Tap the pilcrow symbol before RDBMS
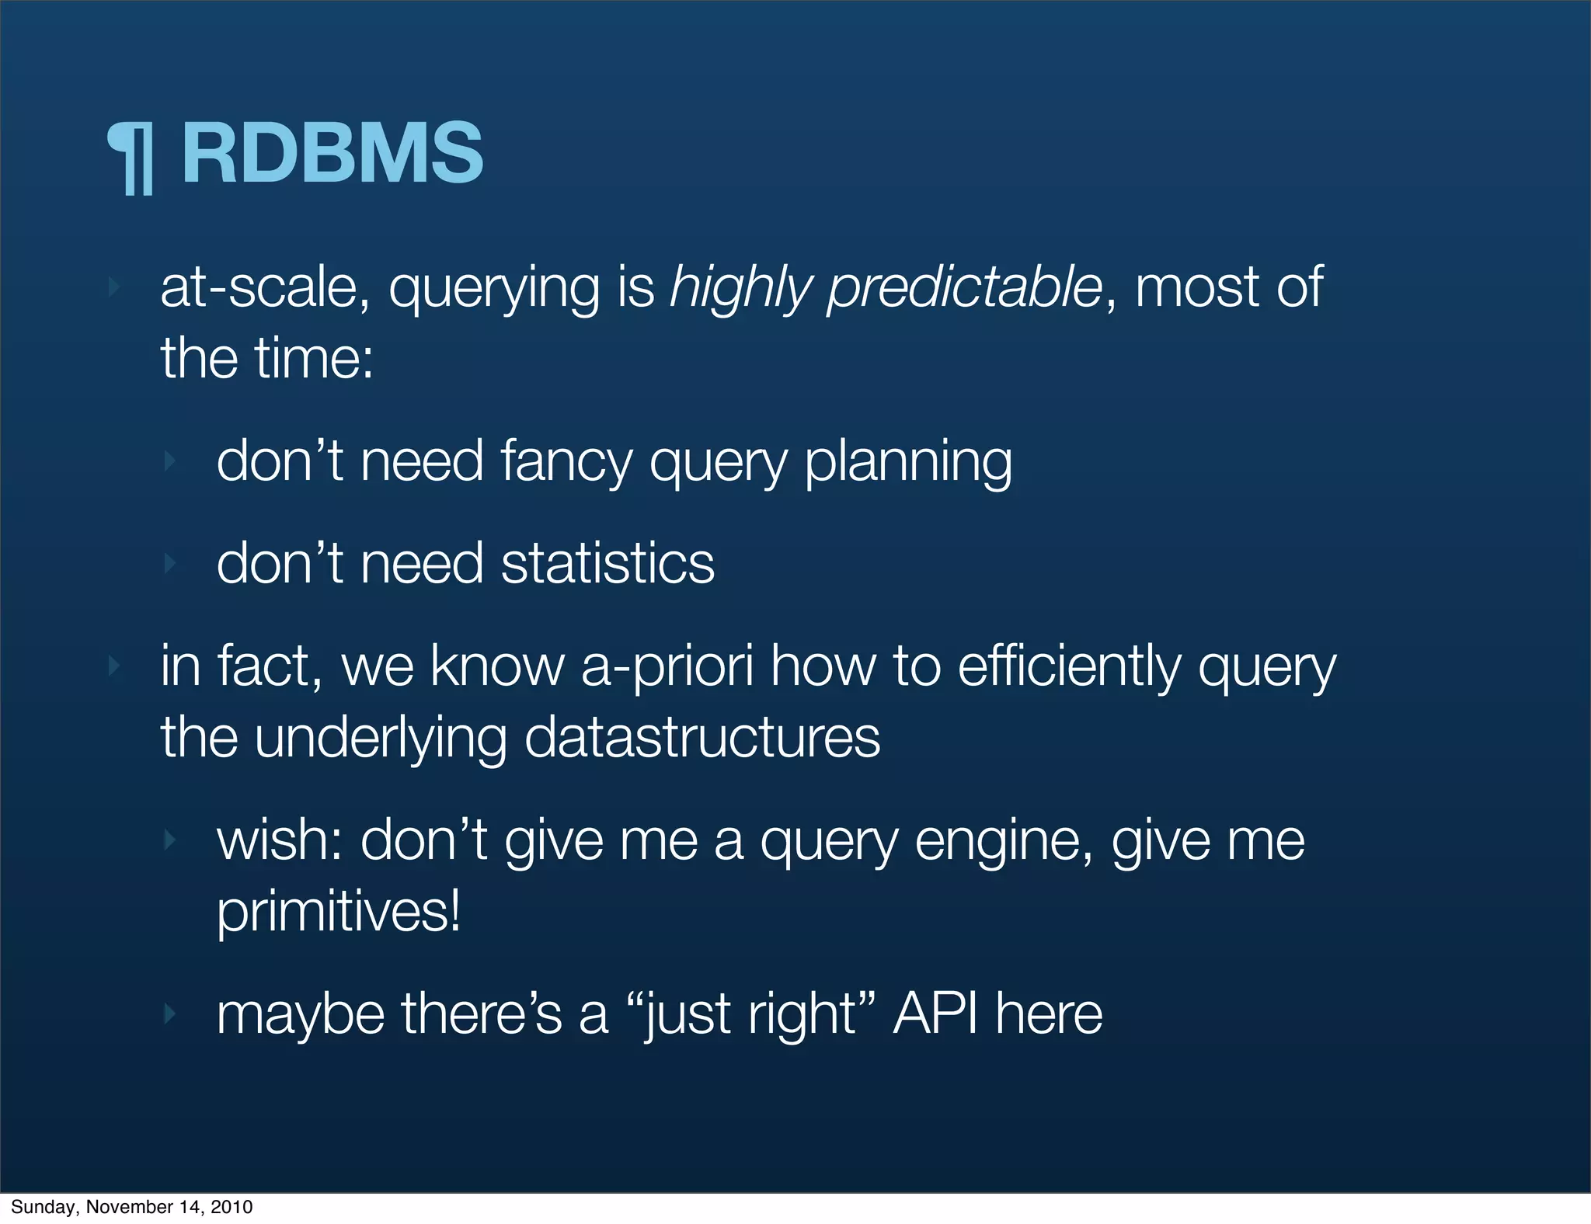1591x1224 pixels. click(132, 158)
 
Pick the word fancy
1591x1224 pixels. click(566, 463)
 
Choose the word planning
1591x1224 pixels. click(908, 463)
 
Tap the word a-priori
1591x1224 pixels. click(667, 666)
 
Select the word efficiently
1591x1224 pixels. click(1069, 668)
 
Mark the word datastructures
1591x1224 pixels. click(702, 737)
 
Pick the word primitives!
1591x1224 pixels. click(339, 911)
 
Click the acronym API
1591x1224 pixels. click(935, 1014)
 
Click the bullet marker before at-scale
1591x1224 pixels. click(114, 288)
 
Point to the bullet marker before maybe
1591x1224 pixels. click(169, 1014)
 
